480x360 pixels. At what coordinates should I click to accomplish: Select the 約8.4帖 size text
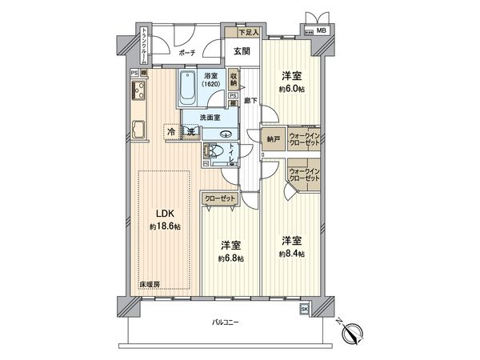click(x=292, y=254)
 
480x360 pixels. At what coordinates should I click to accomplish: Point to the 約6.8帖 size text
click(x=232, y=258)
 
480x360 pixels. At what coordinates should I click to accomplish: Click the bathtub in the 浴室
click(x=188, y=90)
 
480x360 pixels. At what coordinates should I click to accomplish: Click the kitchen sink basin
click(x=136, y=130)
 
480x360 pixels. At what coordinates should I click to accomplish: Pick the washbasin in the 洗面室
click(x=225, y=134)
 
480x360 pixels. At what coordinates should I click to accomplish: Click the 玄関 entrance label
click(x=242, y=50)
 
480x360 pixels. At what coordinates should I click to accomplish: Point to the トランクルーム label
click(x=143, y=46)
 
